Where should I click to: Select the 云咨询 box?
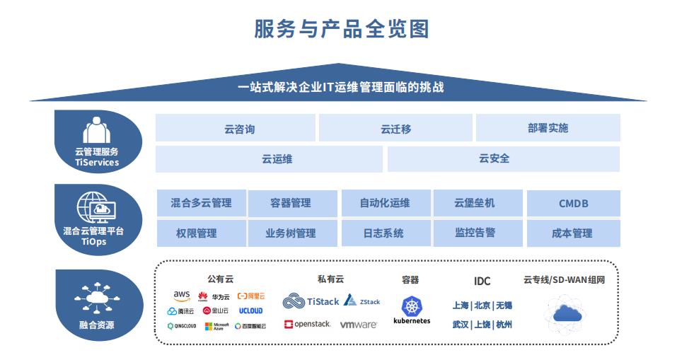coord(236,129)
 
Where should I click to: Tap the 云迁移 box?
coord(395,129)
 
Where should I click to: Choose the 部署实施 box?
coord(548,128)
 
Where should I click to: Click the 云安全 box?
coord(503,159)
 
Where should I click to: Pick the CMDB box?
coord(573,204)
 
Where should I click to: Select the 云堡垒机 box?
coord(478,203)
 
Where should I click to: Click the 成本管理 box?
coord(573,233)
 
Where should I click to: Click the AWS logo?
coord(182,296)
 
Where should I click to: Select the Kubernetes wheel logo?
coord(412,306)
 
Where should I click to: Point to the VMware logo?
coord(358,325)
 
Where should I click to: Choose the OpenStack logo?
coord(308,325)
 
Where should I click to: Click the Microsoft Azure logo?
coord(216,326)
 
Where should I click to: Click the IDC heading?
coord(482,281)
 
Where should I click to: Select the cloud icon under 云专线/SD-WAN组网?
coord(564,313)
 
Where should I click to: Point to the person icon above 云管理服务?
coord(97,131)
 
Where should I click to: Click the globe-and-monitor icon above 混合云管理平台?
coord(97,209)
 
